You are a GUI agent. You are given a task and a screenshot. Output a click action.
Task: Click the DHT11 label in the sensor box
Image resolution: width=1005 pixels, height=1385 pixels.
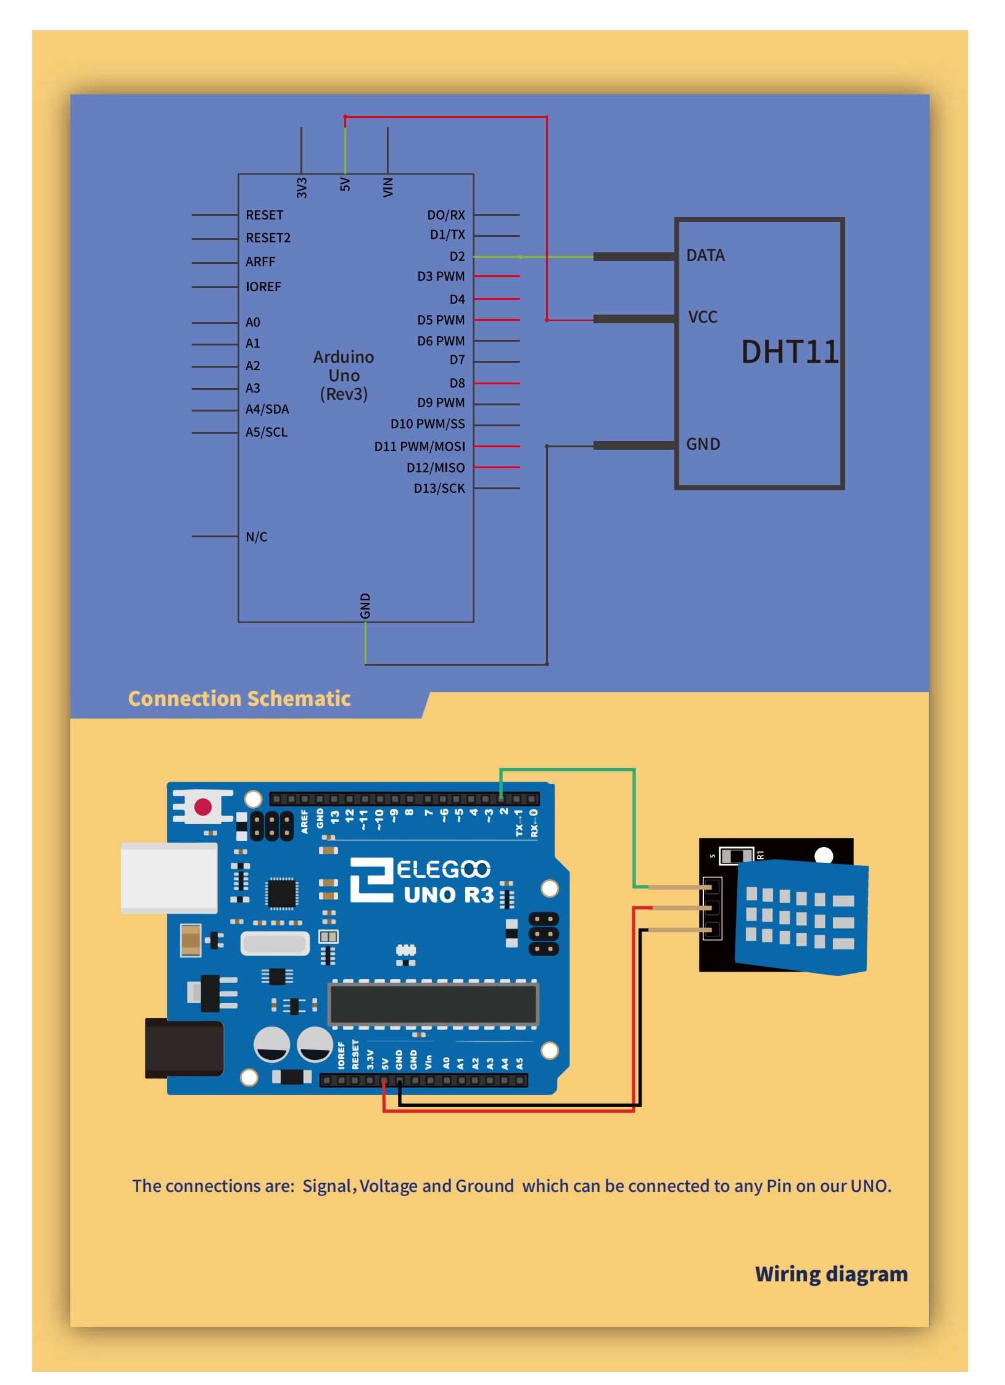[789, 352]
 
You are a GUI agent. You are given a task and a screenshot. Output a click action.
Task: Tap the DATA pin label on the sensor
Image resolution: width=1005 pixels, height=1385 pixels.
[705, 255]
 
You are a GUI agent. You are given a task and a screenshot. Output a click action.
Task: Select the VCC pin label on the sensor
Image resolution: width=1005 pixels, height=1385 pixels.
[703, 317]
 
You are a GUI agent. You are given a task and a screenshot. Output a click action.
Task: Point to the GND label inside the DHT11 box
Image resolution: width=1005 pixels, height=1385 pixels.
[703, 444]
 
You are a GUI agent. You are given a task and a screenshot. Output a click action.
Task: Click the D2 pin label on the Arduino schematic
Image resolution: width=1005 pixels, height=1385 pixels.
[457, 257]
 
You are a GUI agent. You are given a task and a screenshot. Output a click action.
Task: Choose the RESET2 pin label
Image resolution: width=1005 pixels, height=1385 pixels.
[268, 238]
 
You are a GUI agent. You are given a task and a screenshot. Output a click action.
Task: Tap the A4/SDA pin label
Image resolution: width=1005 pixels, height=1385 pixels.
[267, 410]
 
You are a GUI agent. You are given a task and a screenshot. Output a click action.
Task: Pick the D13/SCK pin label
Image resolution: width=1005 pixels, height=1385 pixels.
[439, 489]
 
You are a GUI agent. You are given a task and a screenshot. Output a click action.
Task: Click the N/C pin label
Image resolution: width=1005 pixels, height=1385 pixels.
[256, 537]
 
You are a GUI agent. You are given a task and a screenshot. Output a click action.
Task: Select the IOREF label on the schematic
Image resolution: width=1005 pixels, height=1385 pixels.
[263, 287]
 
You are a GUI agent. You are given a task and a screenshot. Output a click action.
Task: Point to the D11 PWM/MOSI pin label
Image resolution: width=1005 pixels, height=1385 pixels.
[420, 447]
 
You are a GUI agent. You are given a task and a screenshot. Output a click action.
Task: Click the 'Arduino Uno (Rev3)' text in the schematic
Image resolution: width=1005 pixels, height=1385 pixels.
[344, 376]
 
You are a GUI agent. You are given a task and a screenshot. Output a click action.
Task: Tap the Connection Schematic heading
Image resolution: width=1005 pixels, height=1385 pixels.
[239, 698]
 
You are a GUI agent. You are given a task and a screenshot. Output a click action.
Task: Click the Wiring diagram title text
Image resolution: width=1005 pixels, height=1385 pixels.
[831, 1274]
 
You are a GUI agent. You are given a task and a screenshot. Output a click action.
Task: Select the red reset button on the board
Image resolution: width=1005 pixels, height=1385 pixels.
[203, 806]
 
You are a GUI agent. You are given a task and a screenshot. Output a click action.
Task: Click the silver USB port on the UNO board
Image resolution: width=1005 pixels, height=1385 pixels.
[169, 878]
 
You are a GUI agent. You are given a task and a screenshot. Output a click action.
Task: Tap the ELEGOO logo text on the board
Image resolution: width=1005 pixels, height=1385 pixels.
[443, 869]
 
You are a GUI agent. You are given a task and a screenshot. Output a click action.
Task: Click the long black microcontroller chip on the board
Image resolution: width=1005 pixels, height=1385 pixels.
[434, 1004]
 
